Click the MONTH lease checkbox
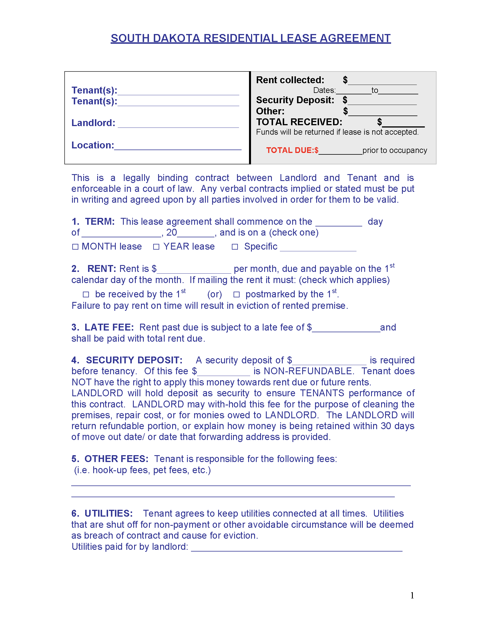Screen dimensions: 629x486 coord(75,247)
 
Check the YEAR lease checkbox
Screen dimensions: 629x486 coord(156,247)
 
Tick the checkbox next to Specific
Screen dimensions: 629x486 coord(235,247)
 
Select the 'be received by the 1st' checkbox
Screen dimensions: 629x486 coord(86,294)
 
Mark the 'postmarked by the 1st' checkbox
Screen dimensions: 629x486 coord(236,294)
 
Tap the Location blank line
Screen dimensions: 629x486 coord(178,147)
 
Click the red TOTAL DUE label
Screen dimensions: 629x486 coord(292,150)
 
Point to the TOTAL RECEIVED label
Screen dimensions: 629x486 coord(299,122)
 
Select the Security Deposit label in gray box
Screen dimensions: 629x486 coord(295,100)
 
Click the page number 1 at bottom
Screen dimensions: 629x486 coord(412,595)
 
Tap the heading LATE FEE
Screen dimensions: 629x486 coord(109,327)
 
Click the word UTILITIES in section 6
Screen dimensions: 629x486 coord(109,513)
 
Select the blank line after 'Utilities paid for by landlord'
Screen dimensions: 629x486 coord(296,548)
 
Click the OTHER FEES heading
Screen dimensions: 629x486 coord(116,459)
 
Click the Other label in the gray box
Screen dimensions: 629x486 coord(270,111)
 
